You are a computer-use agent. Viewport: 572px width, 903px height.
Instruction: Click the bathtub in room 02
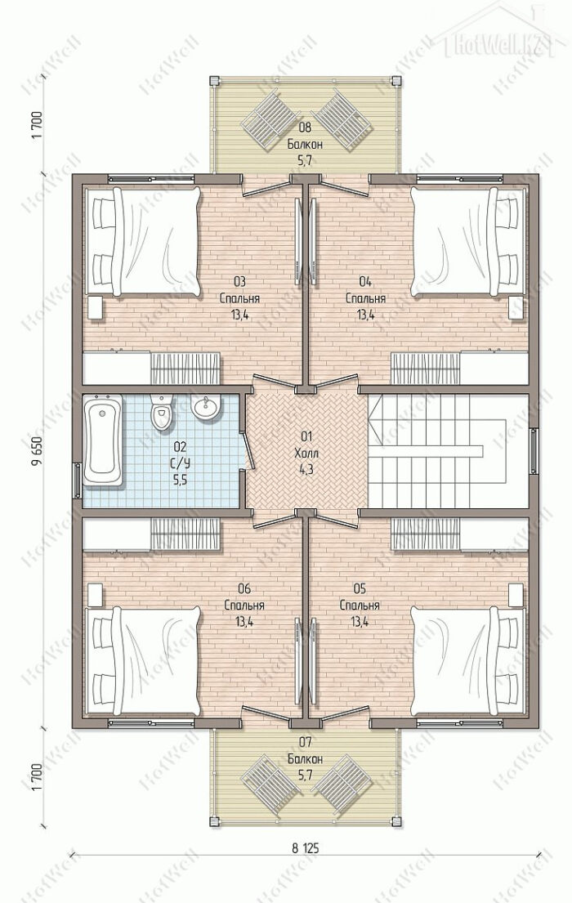(103, 440)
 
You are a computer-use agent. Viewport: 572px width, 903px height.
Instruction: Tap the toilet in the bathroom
(161, 411)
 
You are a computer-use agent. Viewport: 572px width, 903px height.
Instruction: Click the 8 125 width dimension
(306, 847)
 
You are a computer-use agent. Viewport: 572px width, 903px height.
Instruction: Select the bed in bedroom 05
(467, 660)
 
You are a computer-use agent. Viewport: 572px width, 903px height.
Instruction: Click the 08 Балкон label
(305, 136)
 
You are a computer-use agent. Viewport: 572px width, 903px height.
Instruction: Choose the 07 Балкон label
(305, 750)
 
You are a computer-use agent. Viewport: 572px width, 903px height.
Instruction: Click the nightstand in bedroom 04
(516, 307)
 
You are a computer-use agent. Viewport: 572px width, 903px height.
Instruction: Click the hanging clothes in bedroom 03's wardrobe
(185, 368)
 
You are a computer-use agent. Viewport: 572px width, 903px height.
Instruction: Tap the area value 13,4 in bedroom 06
(244, 622)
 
